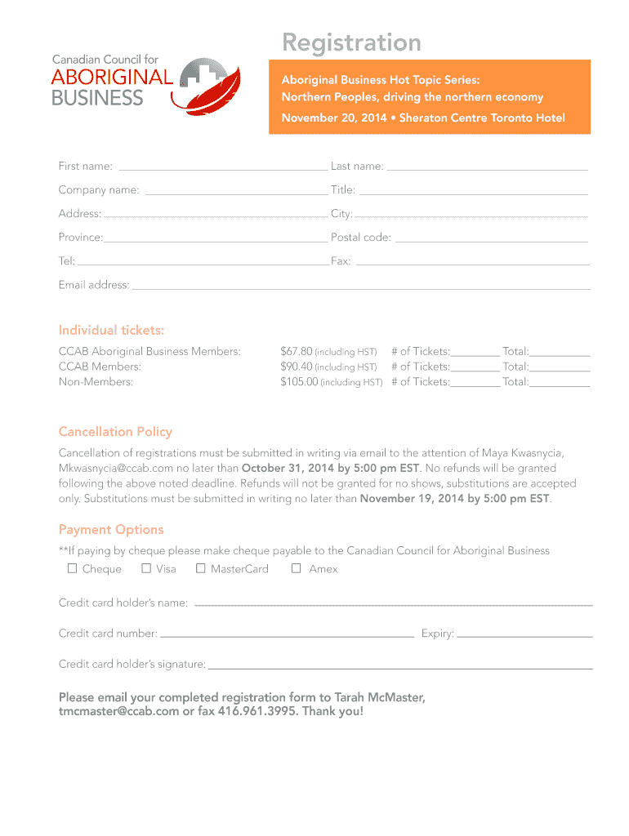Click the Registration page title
[x=351, y=42]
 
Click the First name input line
[x=222, y=167]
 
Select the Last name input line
[x=487, y=167]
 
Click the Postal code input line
[x=491, y=238]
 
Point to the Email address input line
[x=361, y=286]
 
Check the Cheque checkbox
[x=73, y=568]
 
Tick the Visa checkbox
[x=146, y=568]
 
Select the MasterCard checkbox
[x=201, y=568]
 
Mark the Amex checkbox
[x=297, y=568]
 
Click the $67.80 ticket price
[x=297, y=352]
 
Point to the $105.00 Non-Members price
[x=299, y=381]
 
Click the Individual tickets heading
[x=111, y=331]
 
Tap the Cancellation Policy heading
[x=115, y=432]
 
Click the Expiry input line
[x=524, y=634]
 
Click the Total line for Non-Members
[x=560, y=382]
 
